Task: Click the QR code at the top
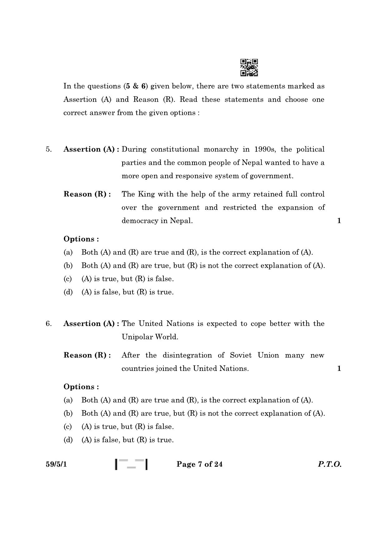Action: coord(249,67)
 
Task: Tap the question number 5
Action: coord(49,149)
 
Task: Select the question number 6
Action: coord(49,324)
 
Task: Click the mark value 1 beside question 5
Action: coord(339,221)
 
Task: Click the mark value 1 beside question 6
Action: coord(339,368)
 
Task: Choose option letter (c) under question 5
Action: coord(68,279)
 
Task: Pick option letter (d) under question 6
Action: coord(68,440)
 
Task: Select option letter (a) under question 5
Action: coord(68,252)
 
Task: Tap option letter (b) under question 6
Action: coord(68,414)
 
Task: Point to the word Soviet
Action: coord(241,355)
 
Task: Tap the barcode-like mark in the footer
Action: coord(131,464)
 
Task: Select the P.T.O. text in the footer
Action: coord(330,464)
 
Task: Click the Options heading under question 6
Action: coord(81,387)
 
